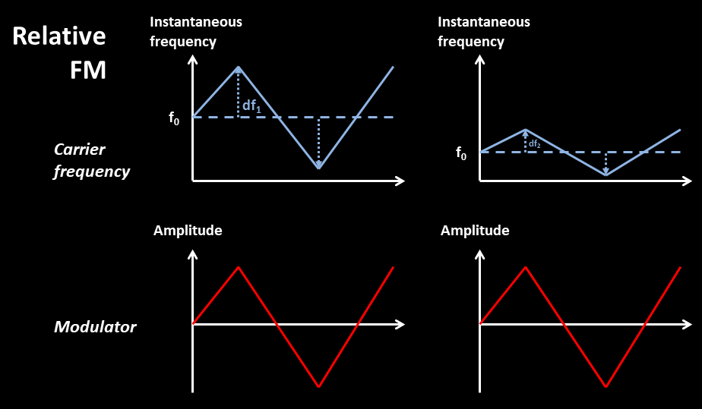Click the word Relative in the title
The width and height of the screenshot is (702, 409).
tap(59, 36)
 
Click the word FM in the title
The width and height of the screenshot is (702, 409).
tap(88, 70)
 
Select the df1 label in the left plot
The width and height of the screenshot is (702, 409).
tap(251, 105)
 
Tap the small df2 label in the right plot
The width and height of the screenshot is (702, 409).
tap(535, 144)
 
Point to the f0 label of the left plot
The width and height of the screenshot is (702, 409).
tap(174, 118)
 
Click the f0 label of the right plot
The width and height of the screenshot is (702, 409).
tap(461, 153)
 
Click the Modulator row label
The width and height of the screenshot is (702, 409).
tap(95, 327)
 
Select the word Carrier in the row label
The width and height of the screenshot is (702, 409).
tap(80, 149)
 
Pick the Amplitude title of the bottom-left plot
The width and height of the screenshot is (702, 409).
tap(188, 231)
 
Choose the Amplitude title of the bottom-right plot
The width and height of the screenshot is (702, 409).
tap(475, 231)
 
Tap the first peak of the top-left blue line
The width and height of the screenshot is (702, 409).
tap(239, 68)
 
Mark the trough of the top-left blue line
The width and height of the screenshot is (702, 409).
tap(319, 168)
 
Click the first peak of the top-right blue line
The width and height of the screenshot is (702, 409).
tap(526, 130)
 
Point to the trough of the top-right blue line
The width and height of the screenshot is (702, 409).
tap(606, 175)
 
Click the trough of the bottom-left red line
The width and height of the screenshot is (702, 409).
tap(319, 386)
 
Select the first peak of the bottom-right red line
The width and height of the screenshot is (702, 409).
tap(526, 267)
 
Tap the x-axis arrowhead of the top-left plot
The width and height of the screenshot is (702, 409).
tap(400, 181)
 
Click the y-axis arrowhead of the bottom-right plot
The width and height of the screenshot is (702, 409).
tap(479, 254)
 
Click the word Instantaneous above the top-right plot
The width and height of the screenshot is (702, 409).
tap(483, 22)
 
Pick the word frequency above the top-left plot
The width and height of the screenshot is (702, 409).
tap(182, 42)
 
